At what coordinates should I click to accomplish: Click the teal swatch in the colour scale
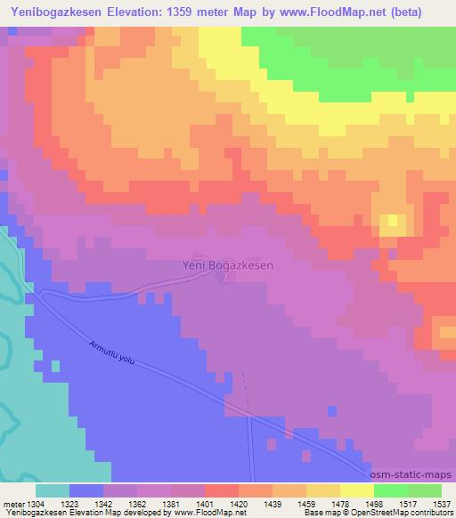click(53, 490)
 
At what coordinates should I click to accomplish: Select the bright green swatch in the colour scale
click(391, 490)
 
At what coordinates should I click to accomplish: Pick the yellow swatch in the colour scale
click(357, 490)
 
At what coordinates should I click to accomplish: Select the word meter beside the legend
click(13, 503)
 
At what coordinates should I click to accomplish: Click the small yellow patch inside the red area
click(390, 223)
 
